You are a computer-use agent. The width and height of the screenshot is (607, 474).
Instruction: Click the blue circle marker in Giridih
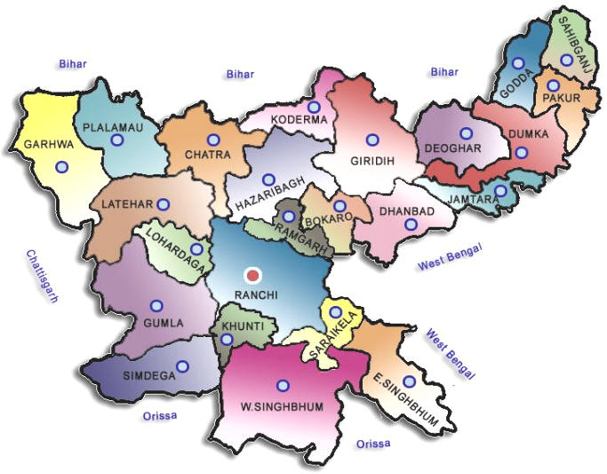(x=372, y=139)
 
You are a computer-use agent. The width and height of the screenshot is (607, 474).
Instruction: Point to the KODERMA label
(x=301, y=119)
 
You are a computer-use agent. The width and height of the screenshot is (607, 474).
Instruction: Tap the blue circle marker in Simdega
(x=183, y=366)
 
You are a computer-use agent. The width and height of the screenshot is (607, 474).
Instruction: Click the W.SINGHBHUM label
(x=281, y=407)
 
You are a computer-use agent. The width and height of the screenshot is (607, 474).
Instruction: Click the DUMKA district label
(x=530, y=134)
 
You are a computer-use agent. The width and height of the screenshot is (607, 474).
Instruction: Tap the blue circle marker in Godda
(x=518, y=63)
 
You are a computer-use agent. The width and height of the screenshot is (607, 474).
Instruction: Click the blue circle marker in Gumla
(x=156, y=306)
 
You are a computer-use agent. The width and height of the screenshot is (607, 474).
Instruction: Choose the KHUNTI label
(x=243, y=326)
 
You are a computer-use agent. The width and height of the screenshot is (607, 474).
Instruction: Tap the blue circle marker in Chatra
(x=213, y=140)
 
